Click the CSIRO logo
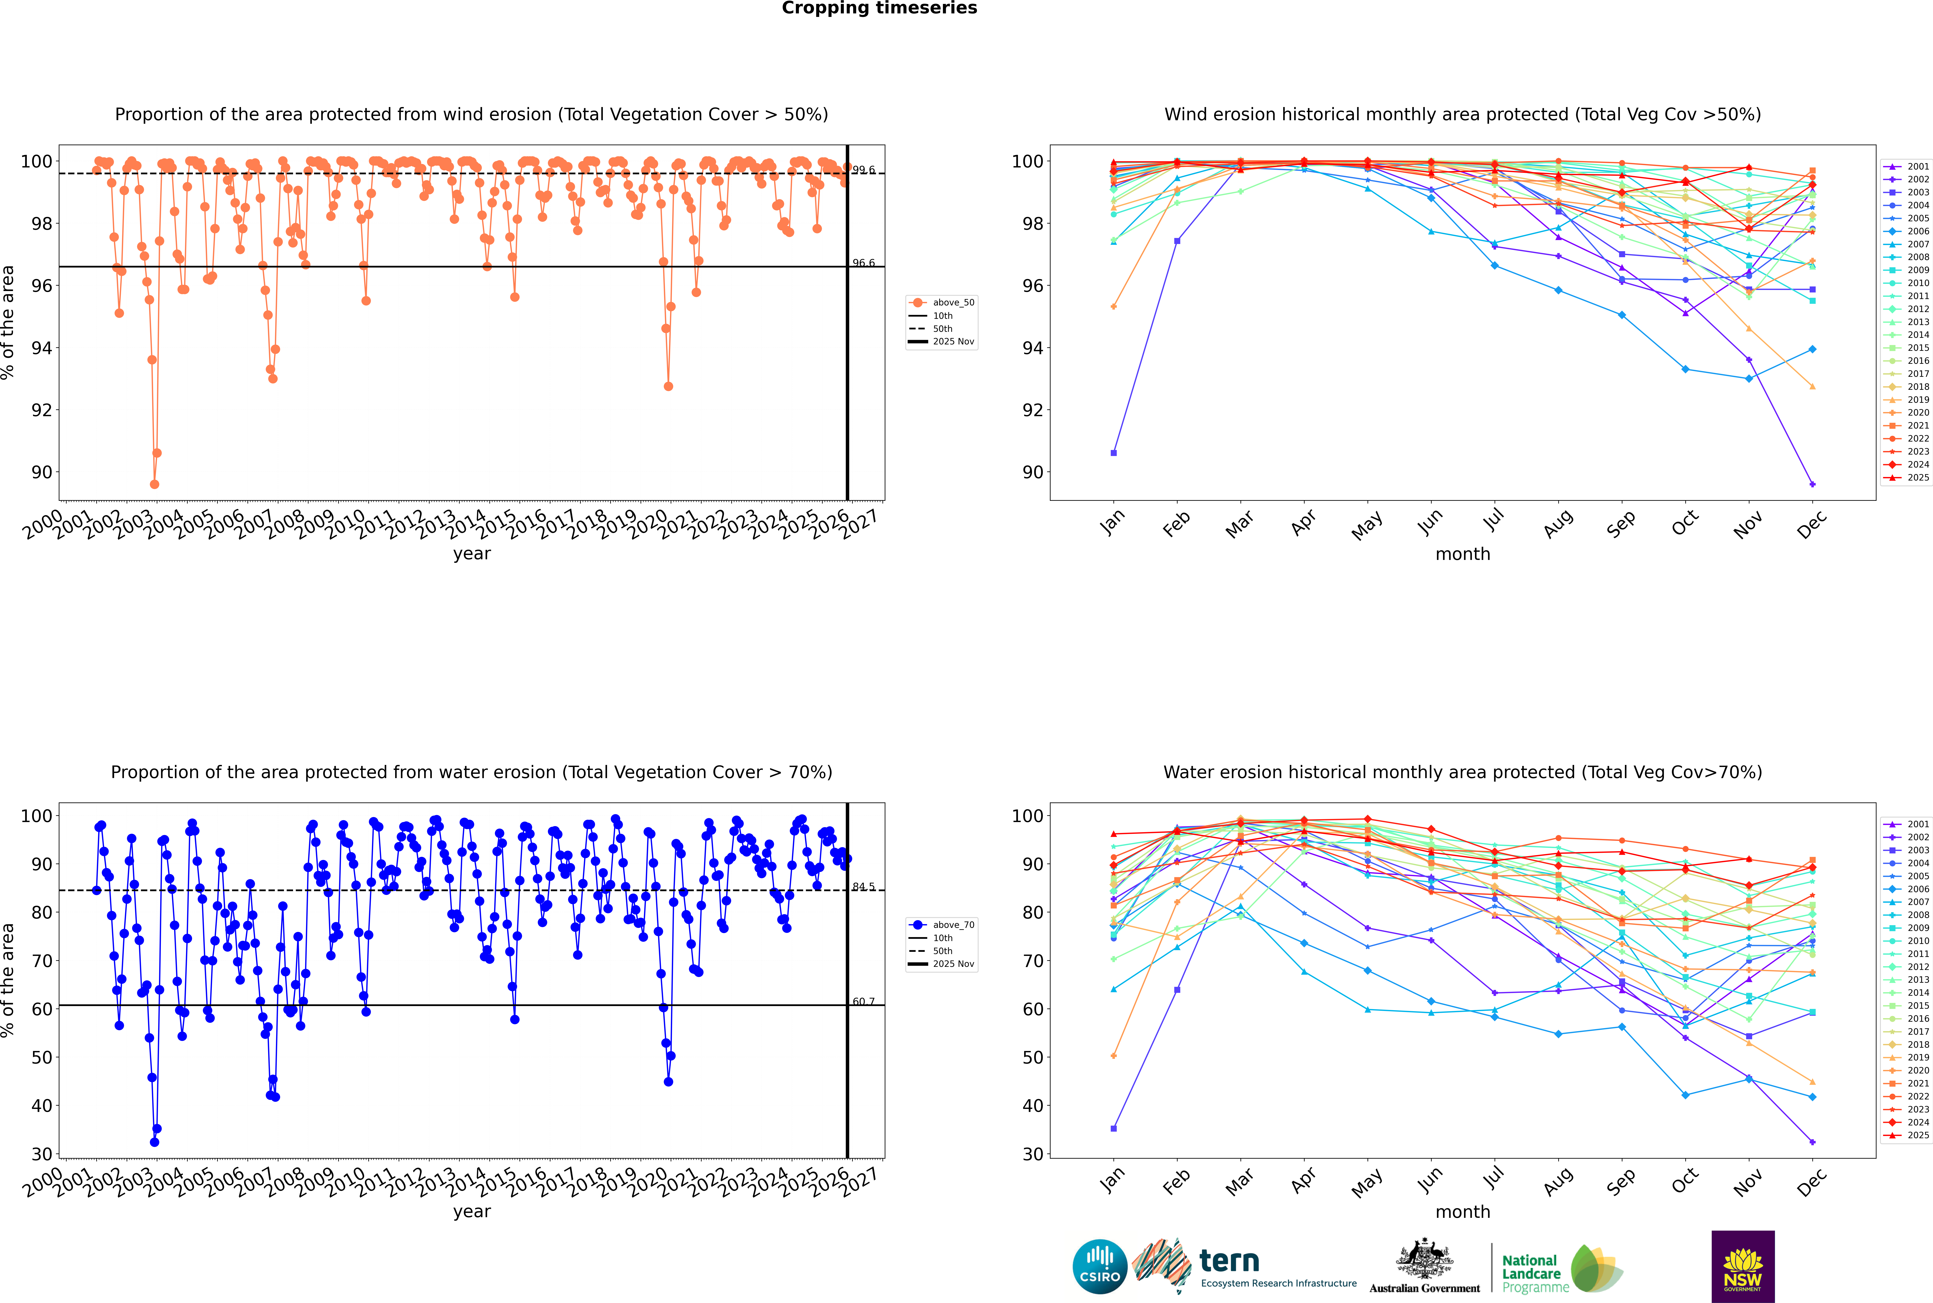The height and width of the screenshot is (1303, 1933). point(1099,1266)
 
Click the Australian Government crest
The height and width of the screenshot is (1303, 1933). point(1424,1259)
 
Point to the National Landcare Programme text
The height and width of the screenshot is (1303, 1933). point(1531,1273)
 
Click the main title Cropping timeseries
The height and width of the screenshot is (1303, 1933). point(879,8)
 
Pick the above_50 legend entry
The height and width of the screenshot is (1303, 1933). point(952,303)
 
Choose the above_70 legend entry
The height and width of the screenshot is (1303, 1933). point(952,925)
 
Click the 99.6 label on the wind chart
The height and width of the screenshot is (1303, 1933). point(863,170)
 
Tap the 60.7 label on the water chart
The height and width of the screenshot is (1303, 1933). point(863,1001)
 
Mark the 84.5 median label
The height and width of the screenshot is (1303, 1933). point(863,887)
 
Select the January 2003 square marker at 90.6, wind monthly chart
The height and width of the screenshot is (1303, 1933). point(1114,453)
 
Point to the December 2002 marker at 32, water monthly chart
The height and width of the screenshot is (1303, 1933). point(1813,1142)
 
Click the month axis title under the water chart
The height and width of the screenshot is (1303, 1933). point(1463,1212)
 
